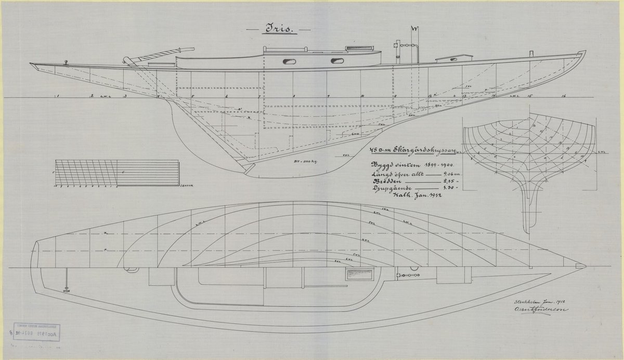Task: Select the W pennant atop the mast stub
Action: click(x=414, y=29)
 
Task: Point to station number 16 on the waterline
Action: click(x=564, y=96)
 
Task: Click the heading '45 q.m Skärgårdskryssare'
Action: click(x=412, y=151)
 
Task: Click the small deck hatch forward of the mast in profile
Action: click(x=453, y=57)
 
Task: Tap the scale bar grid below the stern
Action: click(x=86, y=172)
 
